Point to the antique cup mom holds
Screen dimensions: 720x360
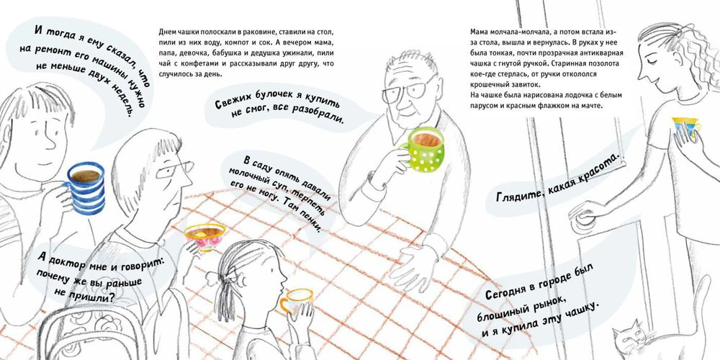686,126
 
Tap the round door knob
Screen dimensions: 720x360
585,219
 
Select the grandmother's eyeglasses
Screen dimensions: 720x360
174,168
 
